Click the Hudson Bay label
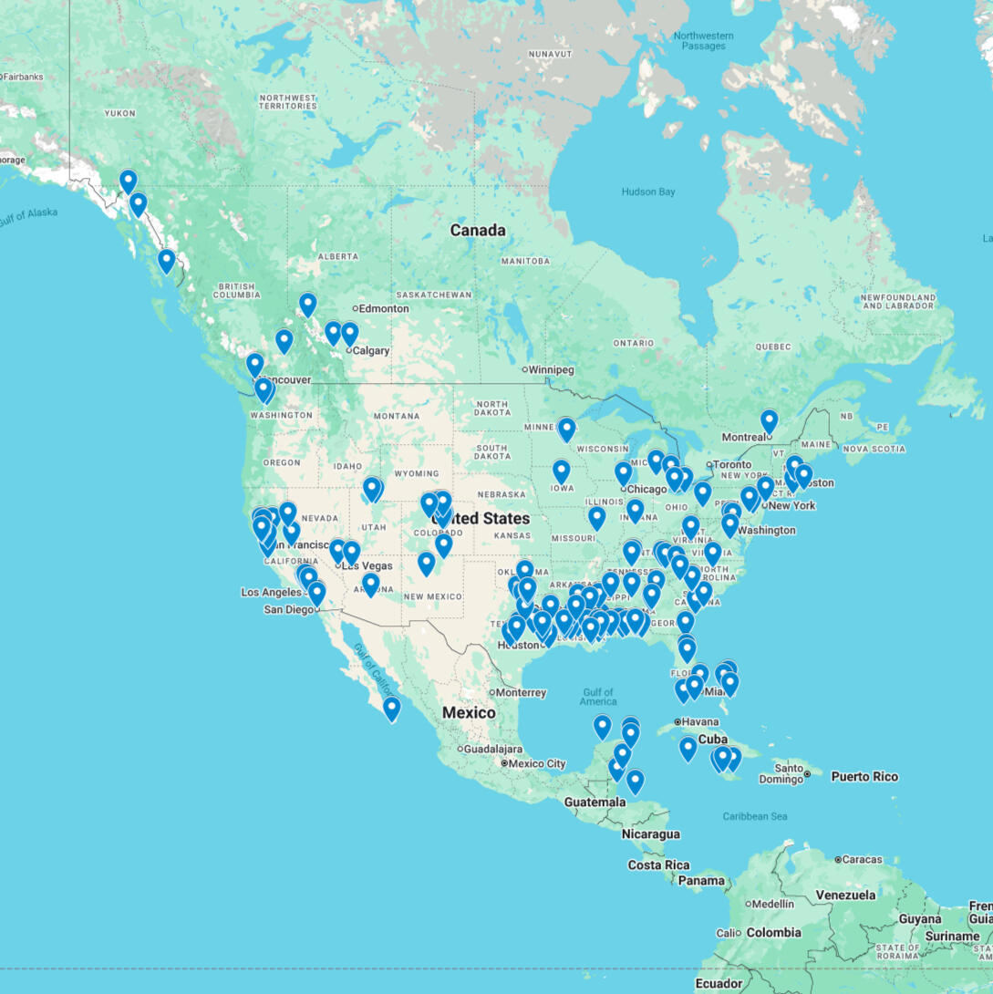(647, 192)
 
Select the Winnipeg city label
(552, 369)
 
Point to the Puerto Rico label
(864, 777)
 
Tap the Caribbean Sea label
(754, 816)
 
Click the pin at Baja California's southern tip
(391, 708)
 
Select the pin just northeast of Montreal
(770, 420)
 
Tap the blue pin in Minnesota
(566, 429)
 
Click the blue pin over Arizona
(370, 584)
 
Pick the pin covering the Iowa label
(561, 471)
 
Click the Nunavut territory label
(549, 55)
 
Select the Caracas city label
(862, 859)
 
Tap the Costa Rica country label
(658, 865)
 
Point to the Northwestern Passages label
(703, 41)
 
